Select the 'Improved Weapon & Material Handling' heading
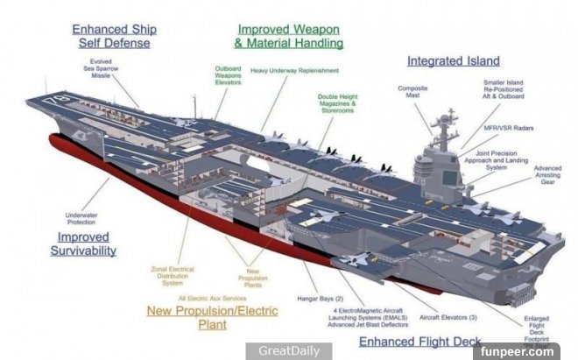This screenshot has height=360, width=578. tap(290, 36)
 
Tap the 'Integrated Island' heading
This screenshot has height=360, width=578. tap(453, 61)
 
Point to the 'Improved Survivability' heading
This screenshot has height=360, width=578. tap(85, 244)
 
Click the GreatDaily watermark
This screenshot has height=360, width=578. tap(282, 351)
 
